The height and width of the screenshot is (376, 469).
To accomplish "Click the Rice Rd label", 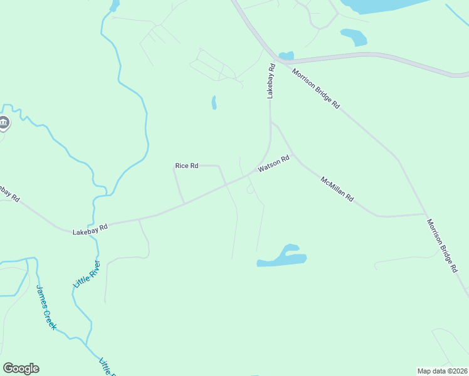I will tap(186, 165).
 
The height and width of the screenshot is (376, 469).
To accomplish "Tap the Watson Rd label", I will tap(273, 165).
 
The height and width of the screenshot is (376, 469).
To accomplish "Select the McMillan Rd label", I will tap(337, 189).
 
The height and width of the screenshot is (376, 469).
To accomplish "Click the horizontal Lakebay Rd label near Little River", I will tap(90, 229).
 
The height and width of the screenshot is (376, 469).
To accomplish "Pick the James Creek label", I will tap(46, 307).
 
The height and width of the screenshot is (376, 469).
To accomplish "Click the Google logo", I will tap(21, 368).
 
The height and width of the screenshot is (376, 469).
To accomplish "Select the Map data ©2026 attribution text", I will tap(442, 371).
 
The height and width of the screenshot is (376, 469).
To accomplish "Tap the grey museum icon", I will tap(4, 122).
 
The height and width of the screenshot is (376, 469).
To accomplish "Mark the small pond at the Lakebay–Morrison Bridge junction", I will tap(286, 56).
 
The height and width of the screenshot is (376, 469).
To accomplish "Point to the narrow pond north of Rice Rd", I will tap(214, 102).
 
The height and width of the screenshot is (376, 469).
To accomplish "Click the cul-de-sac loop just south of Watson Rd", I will tap(250, 189).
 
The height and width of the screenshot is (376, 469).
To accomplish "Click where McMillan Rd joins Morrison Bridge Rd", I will tap(426, 214).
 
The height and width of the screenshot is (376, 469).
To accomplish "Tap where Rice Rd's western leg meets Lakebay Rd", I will tap(184, 204).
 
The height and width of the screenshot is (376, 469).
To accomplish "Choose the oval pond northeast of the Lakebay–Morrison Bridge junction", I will tap(354, 38).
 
